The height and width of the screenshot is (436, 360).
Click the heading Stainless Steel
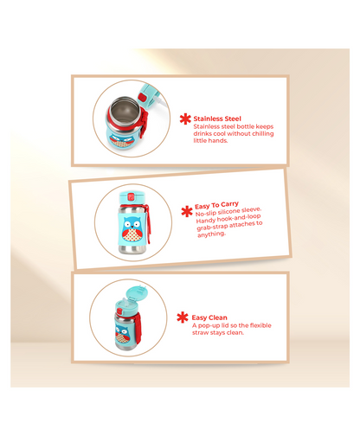click(217, 119)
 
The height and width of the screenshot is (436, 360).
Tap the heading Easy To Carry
click(216, 205)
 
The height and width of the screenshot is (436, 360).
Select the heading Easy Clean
click(209, 317)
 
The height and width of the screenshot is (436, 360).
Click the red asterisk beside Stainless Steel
click(185, 119)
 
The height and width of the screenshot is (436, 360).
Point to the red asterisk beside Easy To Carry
click(187, 211)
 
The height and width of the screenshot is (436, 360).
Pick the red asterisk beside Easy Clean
click(183, 317)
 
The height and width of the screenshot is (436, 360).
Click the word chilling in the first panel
click(263, 133)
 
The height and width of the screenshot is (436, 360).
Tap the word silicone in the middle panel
click(228, 211)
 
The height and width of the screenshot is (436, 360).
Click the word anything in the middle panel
click(211, 234)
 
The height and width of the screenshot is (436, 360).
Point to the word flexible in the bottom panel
click(260, 325)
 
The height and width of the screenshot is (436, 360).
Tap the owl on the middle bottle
click(132, 229)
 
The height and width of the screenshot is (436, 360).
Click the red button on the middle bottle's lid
click(131, 197)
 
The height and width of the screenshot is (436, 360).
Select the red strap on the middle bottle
click(148, 221)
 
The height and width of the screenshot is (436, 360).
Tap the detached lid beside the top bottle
click(149, 95)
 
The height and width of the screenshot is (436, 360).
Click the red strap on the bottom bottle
click(138, 329)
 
